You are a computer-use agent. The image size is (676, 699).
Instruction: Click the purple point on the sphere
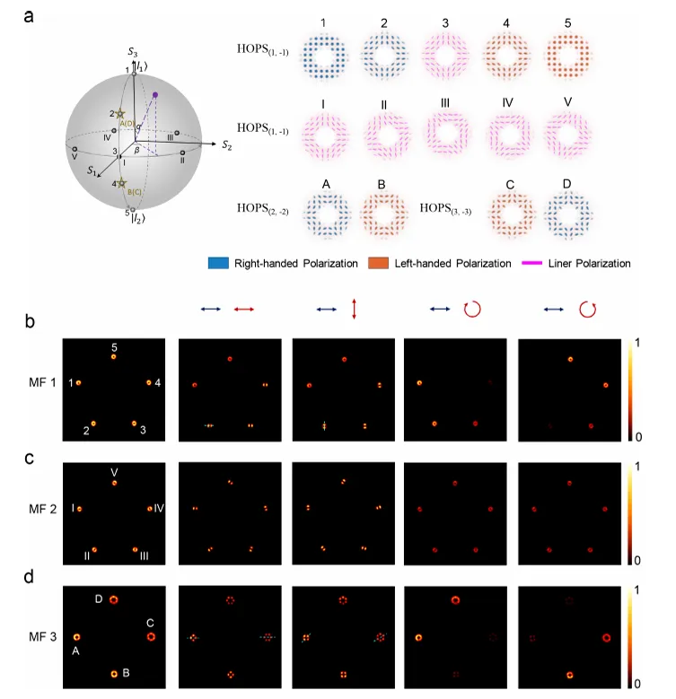(x=155, y=94)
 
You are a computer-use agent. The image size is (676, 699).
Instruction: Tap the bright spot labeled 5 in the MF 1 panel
(x=114, y=357)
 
